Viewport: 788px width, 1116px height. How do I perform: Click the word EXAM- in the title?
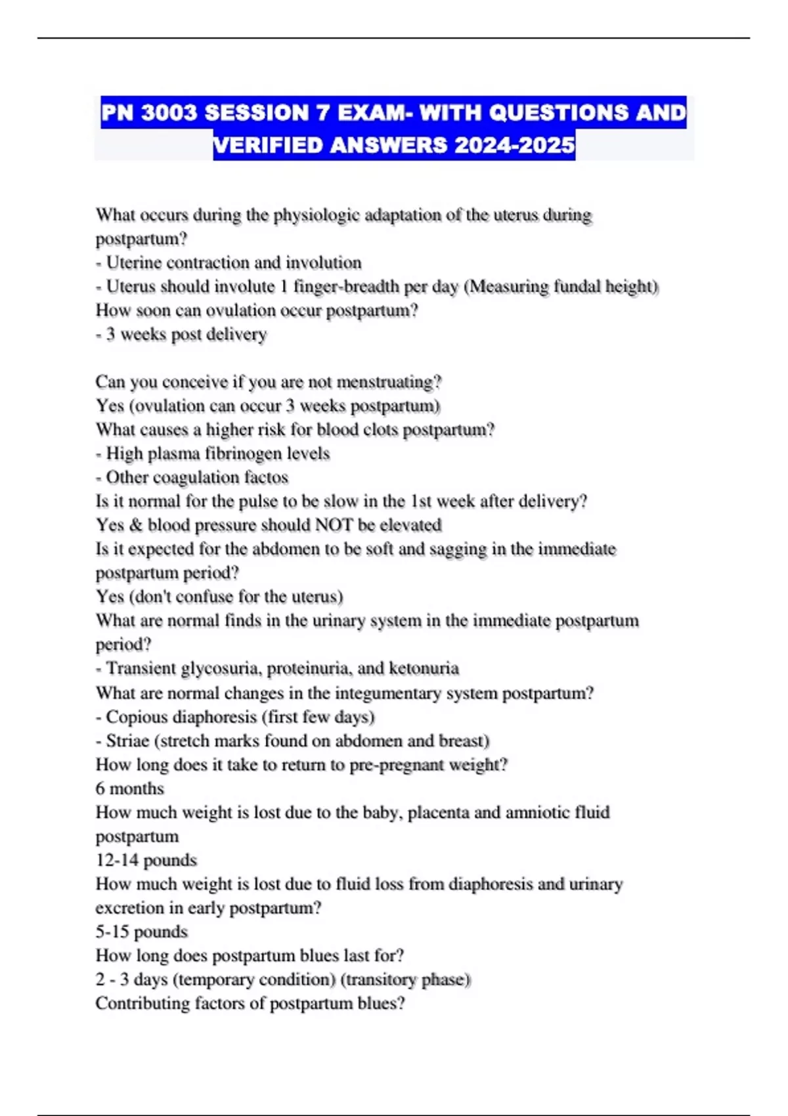pos(374,113)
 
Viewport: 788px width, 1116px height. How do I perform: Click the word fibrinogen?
pos(242,453)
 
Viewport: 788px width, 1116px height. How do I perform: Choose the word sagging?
pos(458,549)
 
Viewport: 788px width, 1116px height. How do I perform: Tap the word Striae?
pos(127,740)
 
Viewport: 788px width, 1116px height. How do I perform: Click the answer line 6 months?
pos(130,788)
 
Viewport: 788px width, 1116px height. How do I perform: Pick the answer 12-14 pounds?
pos(146,860)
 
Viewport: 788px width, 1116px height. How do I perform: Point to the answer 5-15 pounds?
pos(141,932)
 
